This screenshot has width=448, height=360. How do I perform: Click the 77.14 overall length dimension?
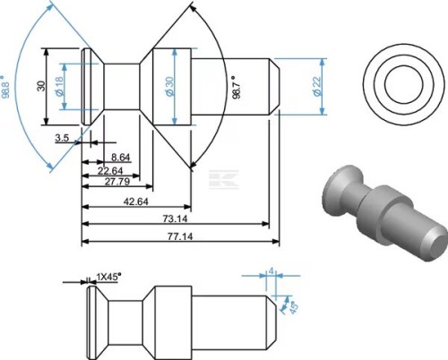180,236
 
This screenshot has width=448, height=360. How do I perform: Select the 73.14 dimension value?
176,219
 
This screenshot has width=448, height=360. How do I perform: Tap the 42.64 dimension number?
136,201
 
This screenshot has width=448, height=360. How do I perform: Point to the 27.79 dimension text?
117,182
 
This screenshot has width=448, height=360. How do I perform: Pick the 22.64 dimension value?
110,171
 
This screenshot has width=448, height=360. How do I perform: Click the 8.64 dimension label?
121,158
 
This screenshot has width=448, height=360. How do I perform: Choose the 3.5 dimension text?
62,138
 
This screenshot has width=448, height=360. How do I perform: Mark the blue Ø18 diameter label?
59,86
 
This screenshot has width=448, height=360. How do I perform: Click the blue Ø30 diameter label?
169,86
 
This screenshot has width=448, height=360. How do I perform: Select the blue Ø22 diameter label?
317,86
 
